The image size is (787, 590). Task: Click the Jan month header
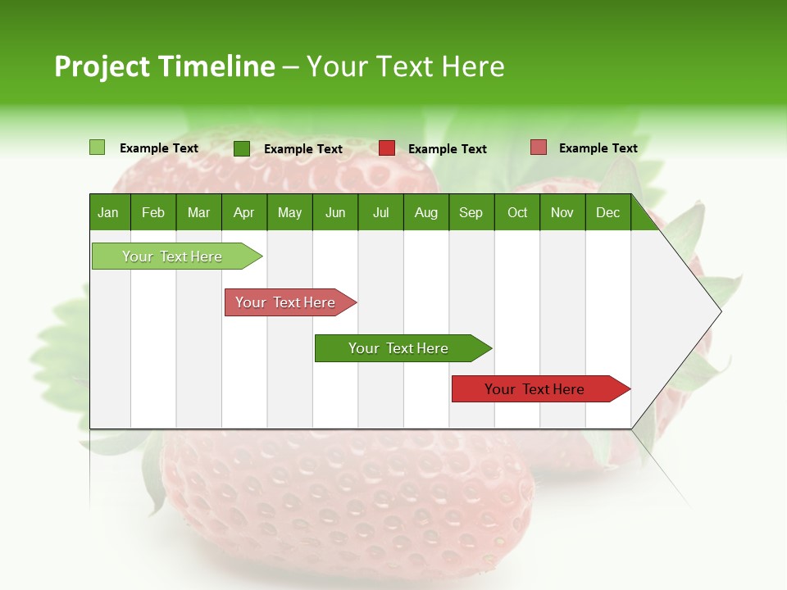[x=108, y=212]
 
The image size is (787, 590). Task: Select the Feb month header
[x=153, y=212]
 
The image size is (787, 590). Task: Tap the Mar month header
[x=198, y=212]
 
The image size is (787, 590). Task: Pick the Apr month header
[x=243, y=212]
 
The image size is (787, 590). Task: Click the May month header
[x=289, y=212]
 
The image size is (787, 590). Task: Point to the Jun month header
[x=335, y=212]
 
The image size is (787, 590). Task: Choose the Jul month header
[x=380, y=212]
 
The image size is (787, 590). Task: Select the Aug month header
[x=426, y=212]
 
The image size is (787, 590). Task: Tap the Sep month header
[x=471, y=212]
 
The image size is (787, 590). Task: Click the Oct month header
[x=517, y=212]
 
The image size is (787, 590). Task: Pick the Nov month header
[x=562, y=212]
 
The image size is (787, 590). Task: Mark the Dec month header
[x=607, y=212]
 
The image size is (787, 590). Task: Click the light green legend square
[x=97, y=147]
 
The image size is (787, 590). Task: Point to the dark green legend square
[x=242, y=148]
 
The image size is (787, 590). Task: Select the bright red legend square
[x=387, y=148]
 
